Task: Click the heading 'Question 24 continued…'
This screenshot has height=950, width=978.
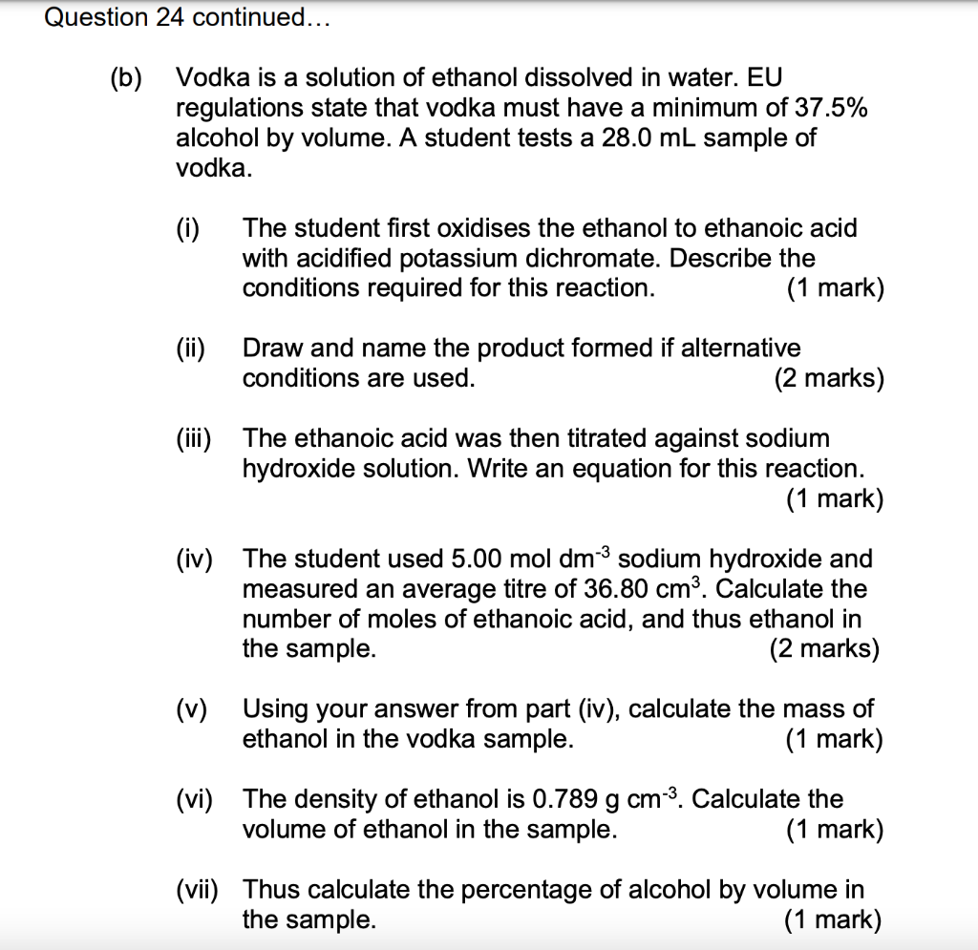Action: [x=186, y=17]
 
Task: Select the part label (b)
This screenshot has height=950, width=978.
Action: [x=124, y=77]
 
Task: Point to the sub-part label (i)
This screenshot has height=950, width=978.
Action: [x=187, y=228]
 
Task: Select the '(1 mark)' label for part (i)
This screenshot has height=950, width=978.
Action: [x=836, y=288]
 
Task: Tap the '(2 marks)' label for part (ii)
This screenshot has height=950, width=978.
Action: [x=829, y=379]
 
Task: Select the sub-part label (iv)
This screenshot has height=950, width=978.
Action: [x=195, y=559]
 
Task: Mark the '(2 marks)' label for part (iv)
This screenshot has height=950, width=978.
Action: [x=824, y=649]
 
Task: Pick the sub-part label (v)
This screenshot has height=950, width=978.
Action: [x=191, y=709]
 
